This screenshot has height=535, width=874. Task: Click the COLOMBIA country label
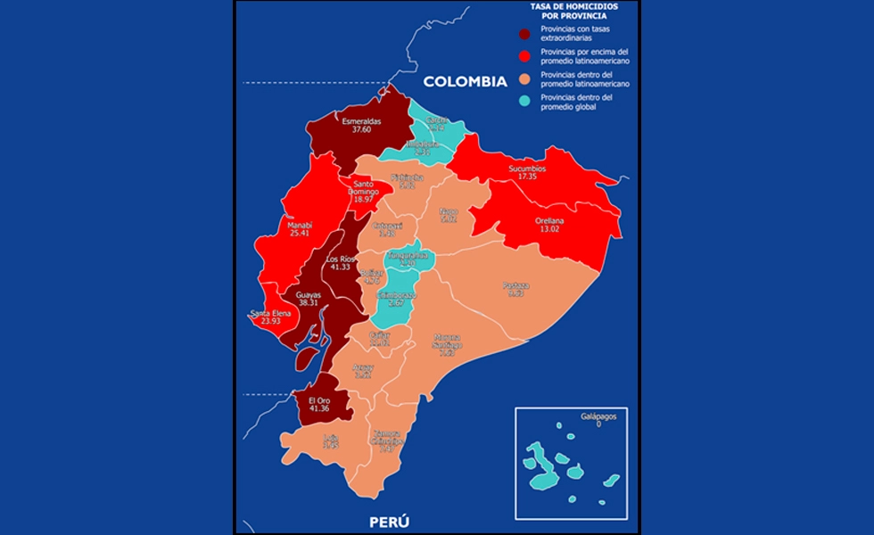coord(465,81)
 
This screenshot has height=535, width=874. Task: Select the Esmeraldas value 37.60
coord(361,129)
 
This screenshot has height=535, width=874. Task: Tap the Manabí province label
coord(301,226)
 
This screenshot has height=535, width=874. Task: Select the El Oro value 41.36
coord(320,408)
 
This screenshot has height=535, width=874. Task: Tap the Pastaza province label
coord(515,285)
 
